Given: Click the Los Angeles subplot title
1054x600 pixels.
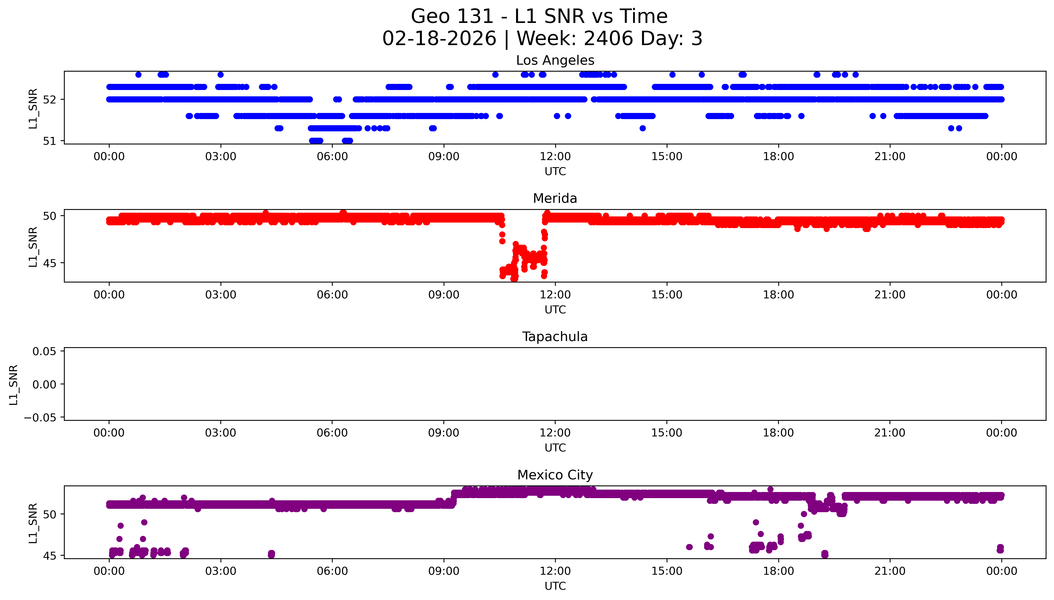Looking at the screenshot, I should click(x=555, y=61).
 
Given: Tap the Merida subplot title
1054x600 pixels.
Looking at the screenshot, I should click(x=555, y=199).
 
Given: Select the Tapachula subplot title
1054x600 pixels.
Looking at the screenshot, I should click(x=555, y=337).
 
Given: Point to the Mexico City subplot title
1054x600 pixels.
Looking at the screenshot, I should click(x=555, y=475).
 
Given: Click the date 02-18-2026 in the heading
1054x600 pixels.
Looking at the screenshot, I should click(x=439, y=39).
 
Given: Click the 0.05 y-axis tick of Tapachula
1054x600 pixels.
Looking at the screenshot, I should click(x=45, y=352).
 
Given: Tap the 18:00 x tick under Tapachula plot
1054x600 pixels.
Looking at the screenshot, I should click(x=778, y=433).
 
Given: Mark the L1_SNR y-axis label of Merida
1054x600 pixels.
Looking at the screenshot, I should click(x=33, y=246).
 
